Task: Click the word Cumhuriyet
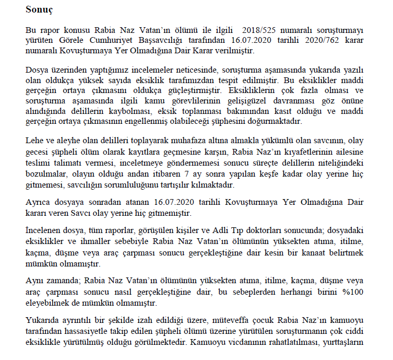pos(112,41)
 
